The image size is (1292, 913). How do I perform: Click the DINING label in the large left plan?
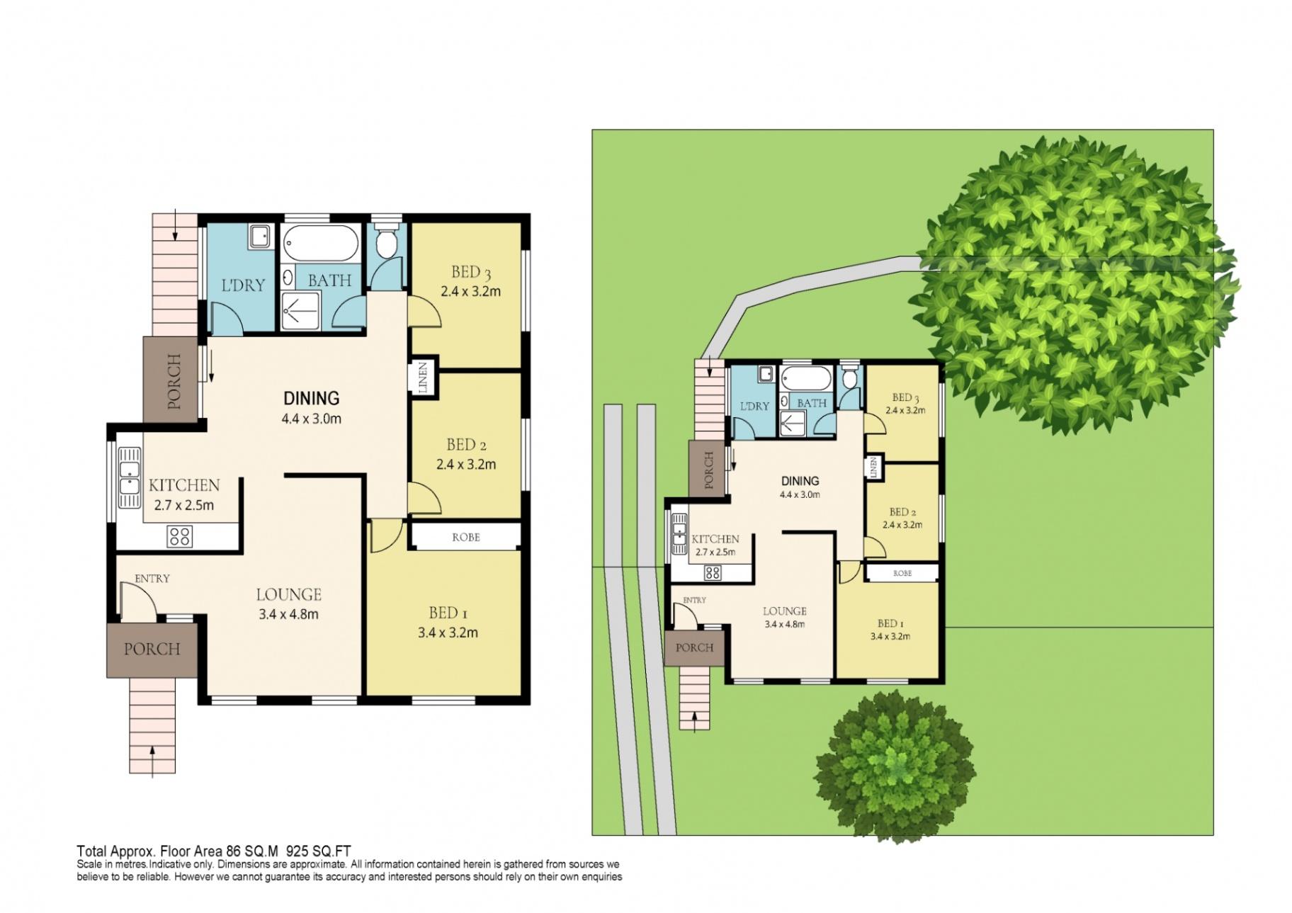(x=311, y=398)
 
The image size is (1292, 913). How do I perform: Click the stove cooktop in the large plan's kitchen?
(x=179, y=535)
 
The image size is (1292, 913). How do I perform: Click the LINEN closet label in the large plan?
(x=423, y=378)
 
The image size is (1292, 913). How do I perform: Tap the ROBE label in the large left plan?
(x=465, y=537)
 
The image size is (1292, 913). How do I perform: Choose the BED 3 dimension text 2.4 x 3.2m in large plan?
(x=470, y=290)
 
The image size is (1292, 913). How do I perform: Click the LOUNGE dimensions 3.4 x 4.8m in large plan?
(x=288, y=614)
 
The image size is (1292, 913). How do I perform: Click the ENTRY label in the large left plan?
(x=152, y=579)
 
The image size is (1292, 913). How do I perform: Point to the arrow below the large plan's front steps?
(x=153, y=761)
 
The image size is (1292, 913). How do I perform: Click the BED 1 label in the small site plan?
(x=890, y=623)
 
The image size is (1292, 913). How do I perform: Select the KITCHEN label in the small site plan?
(x=715, y=539)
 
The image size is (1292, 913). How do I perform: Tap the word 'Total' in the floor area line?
(x=91, y=851)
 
